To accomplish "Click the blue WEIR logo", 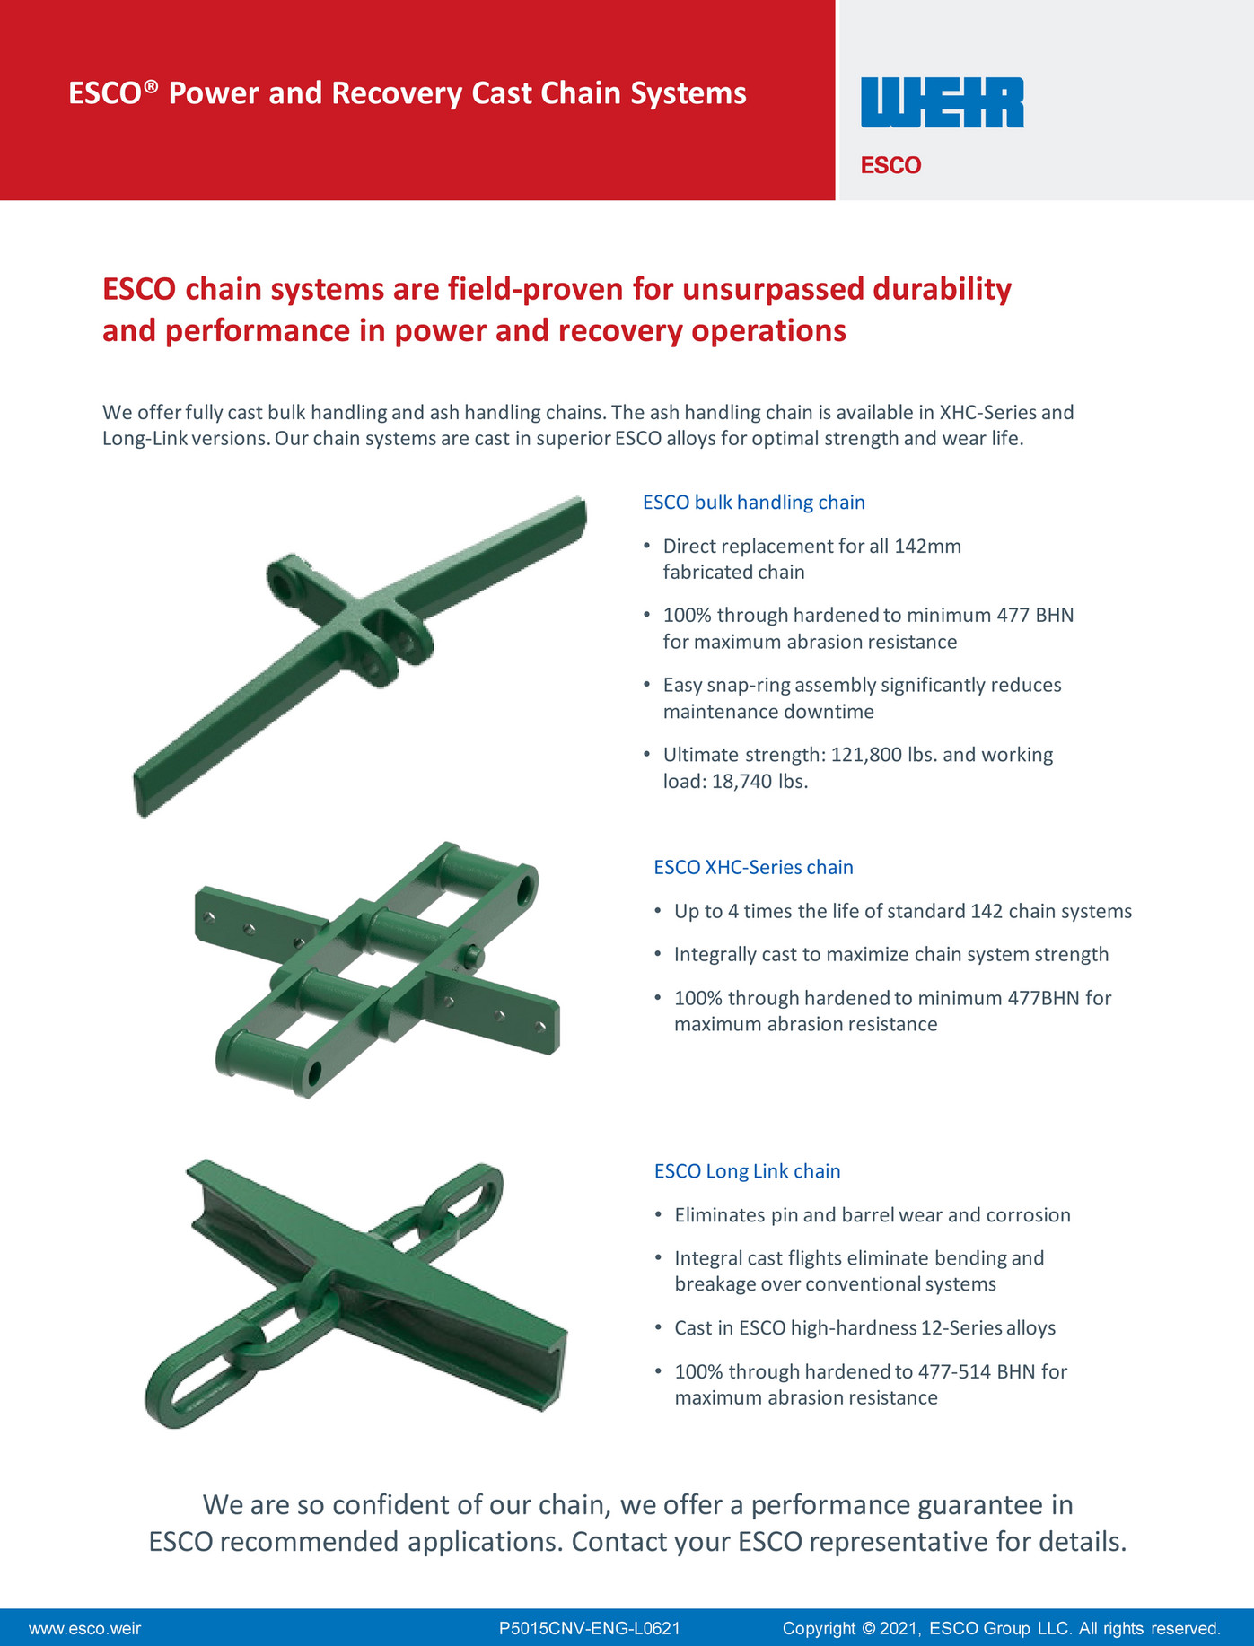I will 942,102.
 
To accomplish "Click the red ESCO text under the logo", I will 890,165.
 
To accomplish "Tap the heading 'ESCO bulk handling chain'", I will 753,503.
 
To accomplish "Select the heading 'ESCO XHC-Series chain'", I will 753,868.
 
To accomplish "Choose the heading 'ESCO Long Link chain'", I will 747,1171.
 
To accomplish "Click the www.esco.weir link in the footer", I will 84,1628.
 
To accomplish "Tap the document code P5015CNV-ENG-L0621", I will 589,1628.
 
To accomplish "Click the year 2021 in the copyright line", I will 902,1628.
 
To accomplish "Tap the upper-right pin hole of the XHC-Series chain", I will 525,884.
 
